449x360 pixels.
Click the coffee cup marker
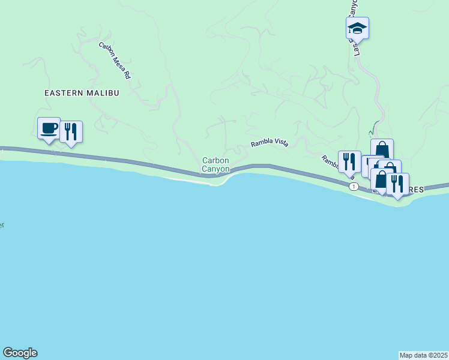pyautogui.click(x=49, y=128)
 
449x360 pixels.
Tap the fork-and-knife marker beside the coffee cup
pyautogui.click(x=71, y=131)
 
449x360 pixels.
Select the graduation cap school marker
pyautogui.click(x=357, y=28)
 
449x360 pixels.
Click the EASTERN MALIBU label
pyautogui.click(x=82, y=93)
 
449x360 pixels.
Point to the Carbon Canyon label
pyautogui.click(x=216, y=164)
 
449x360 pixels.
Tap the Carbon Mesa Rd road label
pyautogui.click(x=115, y=61)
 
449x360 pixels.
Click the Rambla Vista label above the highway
pyautogui.click(x=269, y=143)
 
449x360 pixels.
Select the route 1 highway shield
pyautogui.click(x=354, y=187)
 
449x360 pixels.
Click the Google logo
pyautogui.click(x=20, y=353)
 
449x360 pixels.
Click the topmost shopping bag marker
pyautogui.click(x=382, y=149)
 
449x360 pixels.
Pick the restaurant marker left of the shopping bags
pyautogui.click(x=349, y=161)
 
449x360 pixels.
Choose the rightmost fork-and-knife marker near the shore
pyautogui.click(x=397, y=184)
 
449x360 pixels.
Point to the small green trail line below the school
pyautogui.click(x=373, y=128)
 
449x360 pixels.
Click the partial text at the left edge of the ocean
pyautogui.click(x=2, y=225)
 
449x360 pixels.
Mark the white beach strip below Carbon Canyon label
pyautogui.click(x=189, y=179)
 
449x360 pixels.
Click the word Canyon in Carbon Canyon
pyautogui.click(x=216, y=169)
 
